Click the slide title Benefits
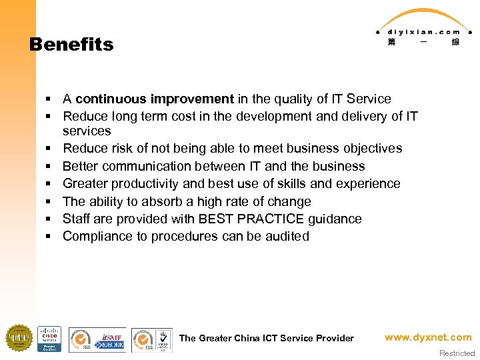71,45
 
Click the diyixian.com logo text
418,31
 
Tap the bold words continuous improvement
155,99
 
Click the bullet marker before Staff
49,219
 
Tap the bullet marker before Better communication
49,167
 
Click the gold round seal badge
19,338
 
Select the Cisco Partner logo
49,338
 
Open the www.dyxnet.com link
427,337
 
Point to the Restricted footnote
457,353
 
